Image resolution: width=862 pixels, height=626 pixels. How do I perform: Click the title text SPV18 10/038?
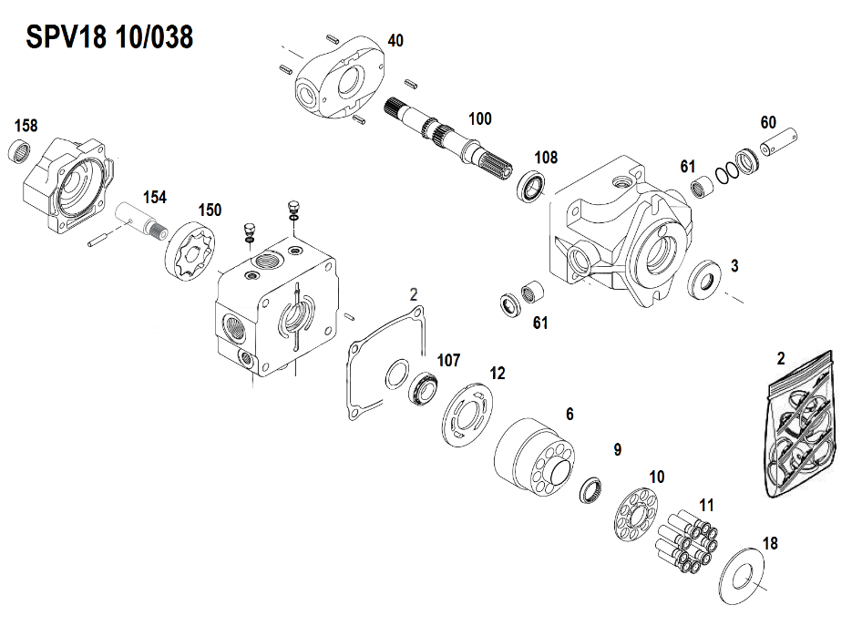[x=108, y=38]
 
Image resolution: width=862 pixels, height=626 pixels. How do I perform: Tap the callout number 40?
[x=395, y=41]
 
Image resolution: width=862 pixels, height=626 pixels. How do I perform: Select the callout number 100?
[x=479, y=119]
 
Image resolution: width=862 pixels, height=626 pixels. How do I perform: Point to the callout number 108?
[x=545, y=158]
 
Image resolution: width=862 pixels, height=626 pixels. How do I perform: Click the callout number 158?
[x=26, y=126]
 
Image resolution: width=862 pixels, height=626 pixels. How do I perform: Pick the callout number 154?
[x=154, y=197]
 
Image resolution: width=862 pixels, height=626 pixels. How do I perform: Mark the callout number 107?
[x=448, y=359]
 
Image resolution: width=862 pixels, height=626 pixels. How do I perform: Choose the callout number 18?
[x=770, y=544]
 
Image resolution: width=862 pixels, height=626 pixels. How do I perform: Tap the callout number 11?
[x=707, y=505]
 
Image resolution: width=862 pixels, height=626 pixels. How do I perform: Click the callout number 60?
[x=768, y=123]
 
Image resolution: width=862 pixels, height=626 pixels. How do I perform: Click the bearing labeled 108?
[x=531, y=186]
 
